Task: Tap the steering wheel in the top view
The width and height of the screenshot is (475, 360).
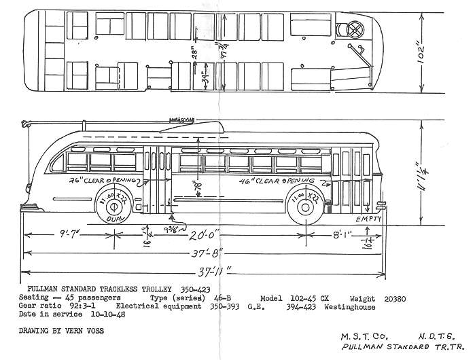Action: (x=355, y=29)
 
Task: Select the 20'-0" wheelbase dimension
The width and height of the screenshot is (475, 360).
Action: (x=207, y=236)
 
